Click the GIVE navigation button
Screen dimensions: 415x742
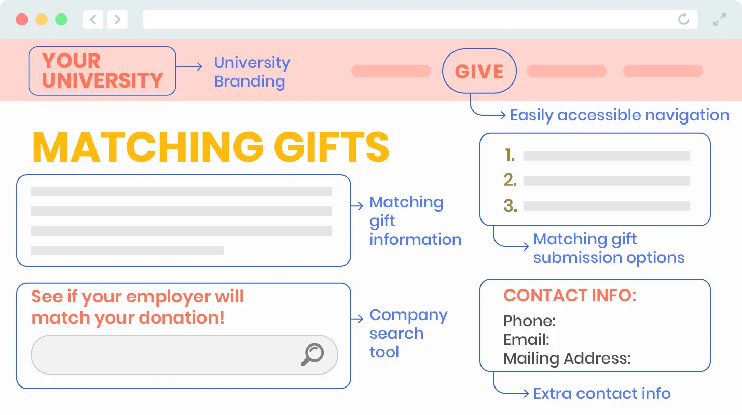(479, 71)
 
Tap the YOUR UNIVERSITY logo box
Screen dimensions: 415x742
(102, 71)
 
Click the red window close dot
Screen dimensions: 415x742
(22, 20)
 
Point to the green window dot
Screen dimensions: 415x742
(61, 20)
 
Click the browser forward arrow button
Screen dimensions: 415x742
(117, 20)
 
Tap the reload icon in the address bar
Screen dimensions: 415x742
(683, 20)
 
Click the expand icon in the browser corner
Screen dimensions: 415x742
(720, 20)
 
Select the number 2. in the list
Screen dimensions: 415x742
(510, 181)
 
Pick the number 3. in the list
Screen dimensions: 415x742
(510, 206)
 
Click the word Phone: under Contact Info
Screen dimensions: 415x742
(529, 321)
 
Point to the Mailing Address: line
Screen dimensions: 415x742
(567, 358)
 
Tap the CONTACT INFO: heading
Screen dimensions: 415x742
(569, 296)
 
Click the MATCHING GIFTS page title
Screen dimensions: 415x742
(211, 147)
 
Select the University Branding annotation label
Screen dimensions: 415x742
(252, 72)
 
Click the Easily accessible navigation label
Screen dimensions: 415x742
(619, 115)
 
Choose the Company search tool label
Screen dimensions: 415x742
(408, 334)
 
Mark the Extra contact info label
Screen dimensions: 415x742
(601, 394)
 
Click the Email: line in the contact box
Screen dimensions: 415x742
(526, 340)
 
